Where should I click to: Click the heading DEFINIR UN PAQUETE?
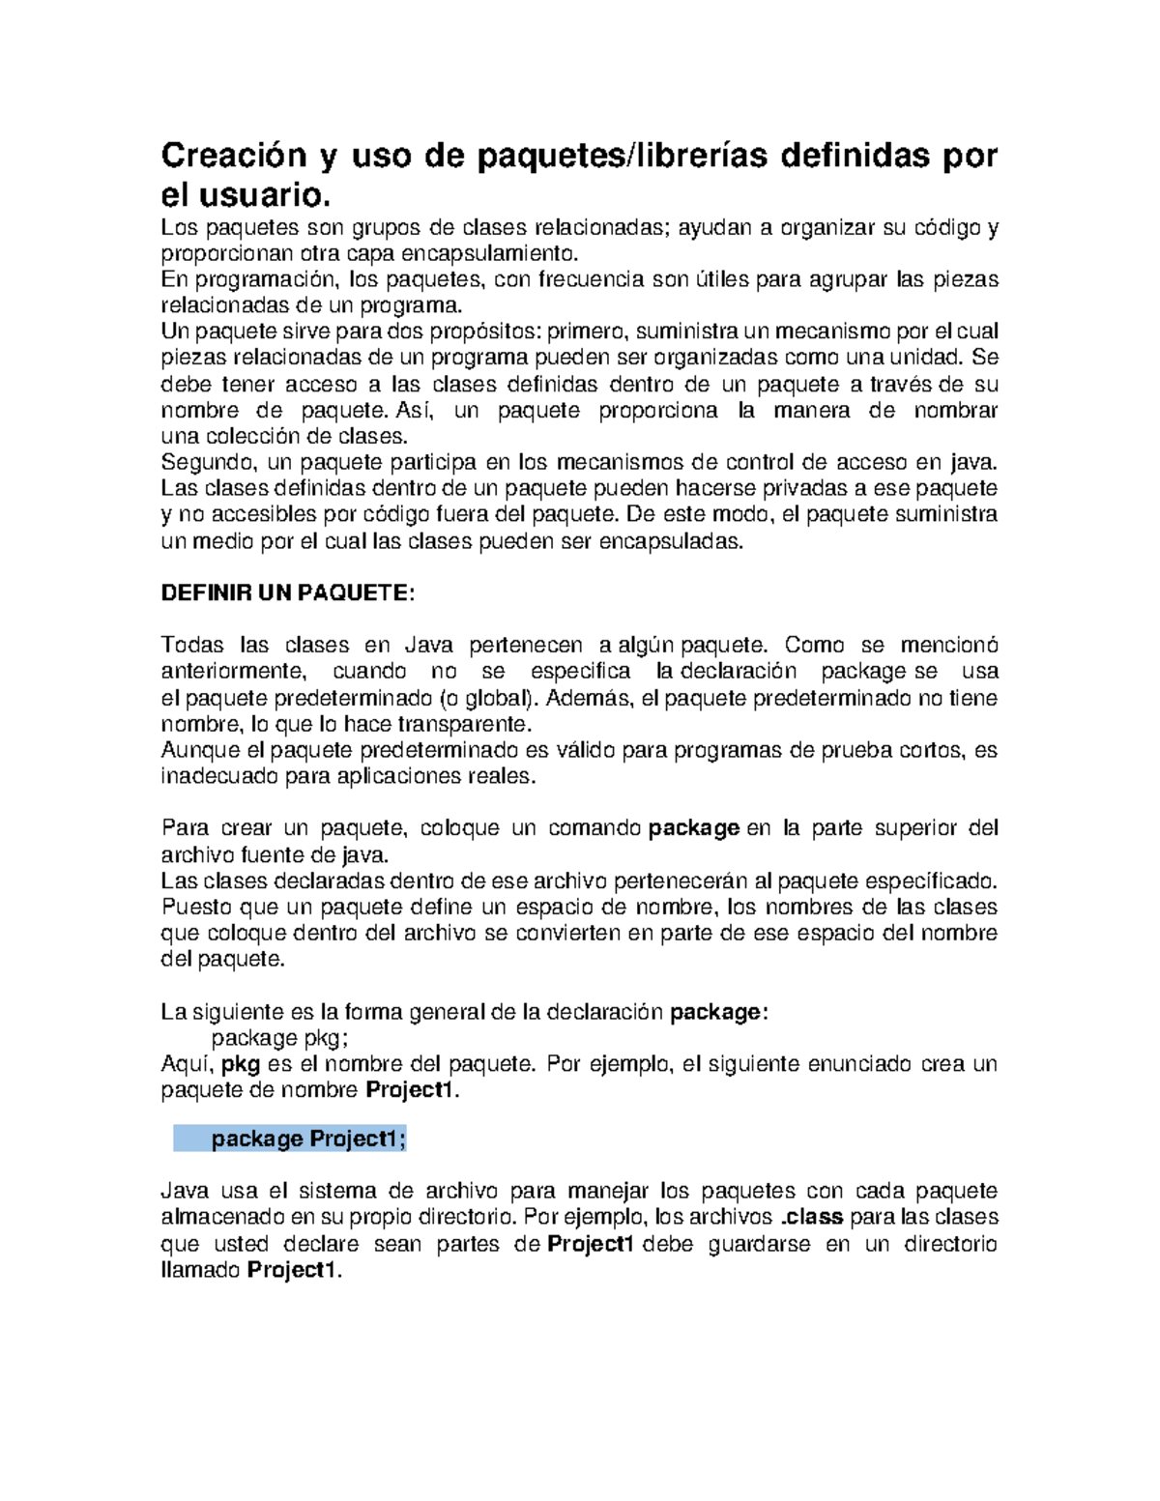287,593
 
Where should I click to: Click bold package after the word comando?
693,828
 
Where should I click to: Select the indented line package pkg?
279,1038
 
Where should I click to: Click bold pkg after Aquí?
241,1064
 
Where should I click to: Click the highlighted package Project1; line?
308,1140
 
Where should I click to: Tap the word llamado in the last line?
200,1270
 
